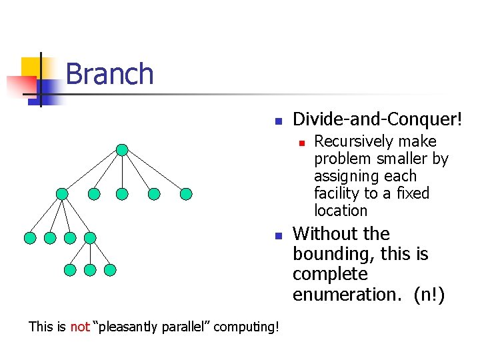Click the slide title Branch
pos(109,74)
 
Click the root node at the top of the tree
pos(122,150)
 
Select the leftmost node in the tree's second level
pos(62,194)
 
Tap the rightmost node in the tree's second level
pos(186,194)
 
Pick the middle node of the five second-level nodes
pos(121,194)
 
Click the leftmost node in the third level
pos(29,237)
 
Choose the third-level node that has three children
pos(90,237)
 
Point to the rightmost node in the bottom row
pos(110,270)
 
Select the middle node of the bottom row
pos(90,270)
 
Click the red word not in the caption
pos(79,326)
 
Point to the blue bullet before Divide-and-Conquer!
pos(279,122)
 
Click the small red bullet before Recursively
pos(301,143)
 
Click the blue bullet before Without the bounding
pos(279,236)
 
